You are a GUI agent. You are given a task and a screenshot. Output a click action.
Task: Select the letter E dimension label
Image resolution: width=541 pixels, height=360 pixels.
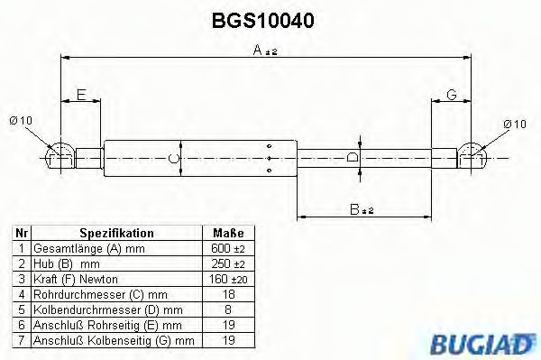pyautogui.click(x=80, y=94)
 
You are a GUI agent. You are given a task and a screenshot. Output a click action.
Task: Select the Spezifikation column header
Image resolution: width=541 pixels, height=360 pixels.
pyautogui.click(x=117, y=233)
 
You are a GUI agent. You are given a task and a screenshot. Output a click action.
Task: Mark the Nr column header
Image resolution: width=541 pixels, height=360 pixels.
pyautogui.click(x=21, y=233)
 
